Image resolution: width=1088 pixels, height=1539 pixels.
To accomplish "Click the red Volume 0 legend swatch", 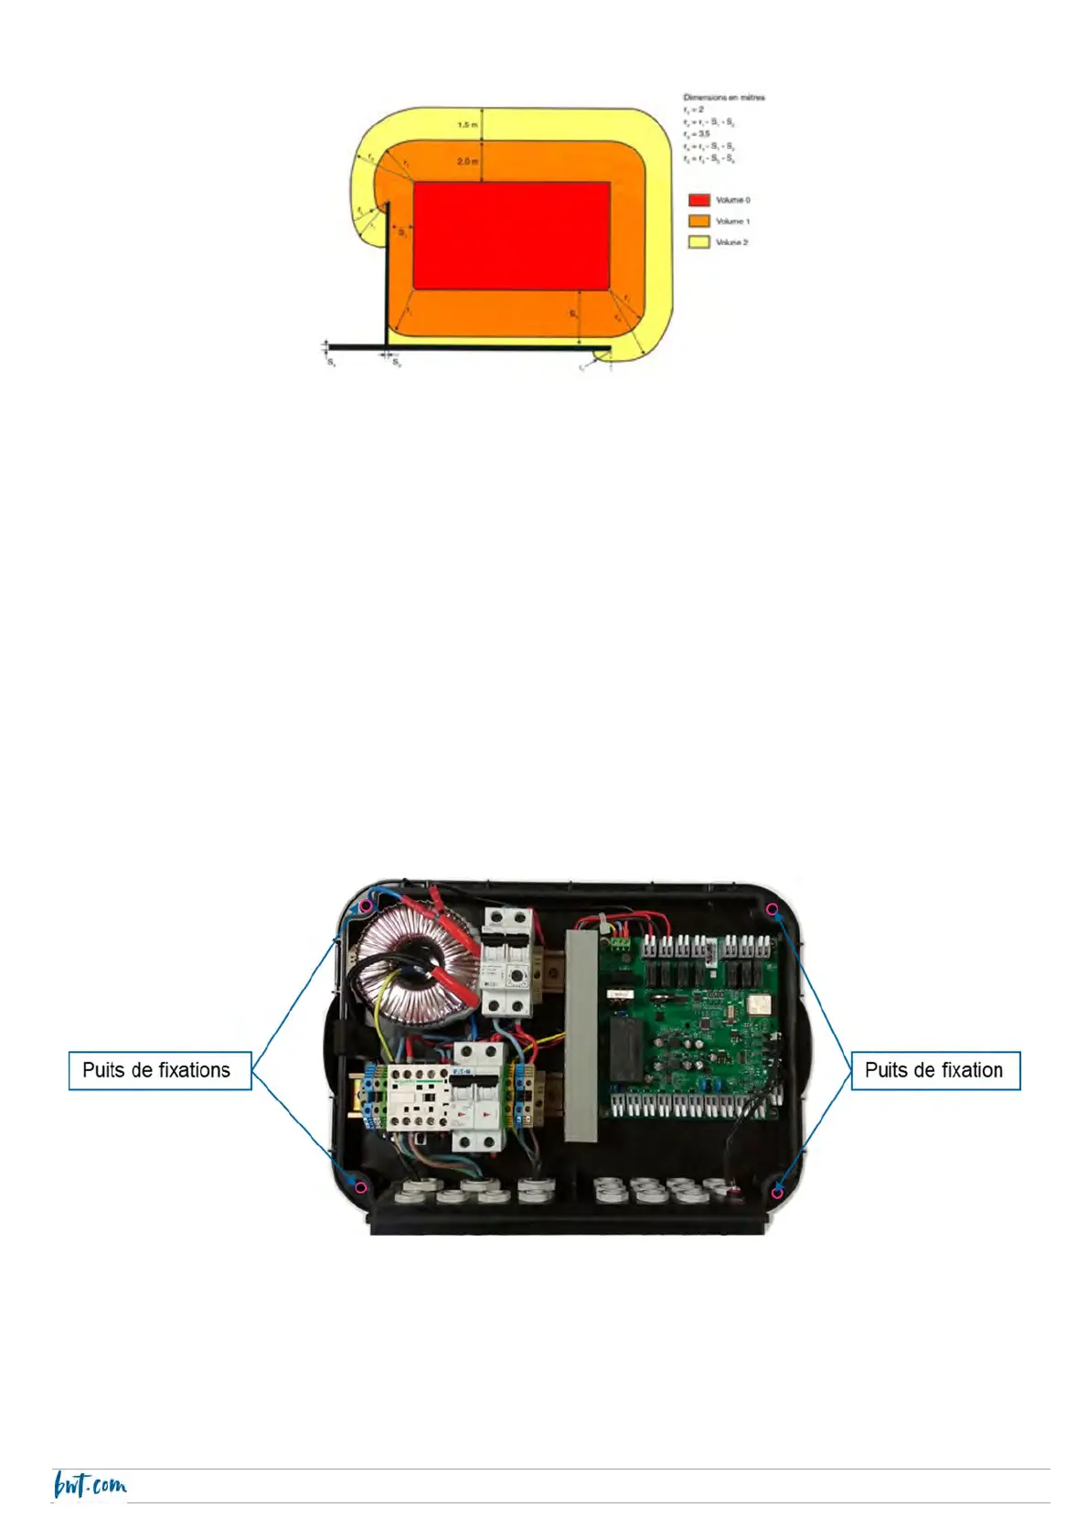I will click(699, 199).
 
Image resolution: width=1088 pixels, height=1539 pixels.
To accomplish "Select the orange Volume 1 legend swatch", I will click(699, 221).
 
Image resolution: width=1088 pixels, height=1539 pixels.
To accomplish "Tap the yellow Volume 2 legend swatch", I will click(699, 242).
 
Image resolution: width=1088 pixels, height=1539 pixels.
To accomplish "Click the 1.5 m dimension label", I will click(467, 124).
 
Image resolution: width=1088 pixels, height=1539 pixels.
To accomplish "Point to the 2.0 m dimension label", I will click(467, 161).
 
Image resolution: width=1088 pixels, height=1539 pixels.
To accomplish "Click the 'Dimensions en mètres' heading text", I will click(724, 97).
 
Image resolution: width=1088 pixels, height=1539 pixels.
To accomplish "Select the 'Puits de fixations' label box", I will click(160, 1070).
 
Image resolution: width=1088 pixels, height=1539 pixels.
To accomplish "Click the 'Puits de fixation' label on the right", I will click(934, 1070).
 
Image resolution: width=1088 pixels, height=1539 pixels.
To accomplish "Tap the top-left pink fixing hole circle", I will click(365, 906).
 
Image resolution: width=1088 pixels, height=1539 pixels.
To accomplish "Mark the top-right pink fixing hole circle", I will click(773, 909).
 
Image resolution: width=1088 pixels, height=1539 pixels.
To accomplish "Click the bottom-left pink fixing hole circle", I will click(361, 1187).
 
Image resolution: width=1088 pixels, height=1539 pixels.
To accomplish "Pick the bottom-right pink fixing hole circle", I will click(777, 1192).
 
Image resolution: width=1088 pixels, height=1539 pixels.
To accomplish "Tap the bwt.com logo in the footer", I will click(90, 1485).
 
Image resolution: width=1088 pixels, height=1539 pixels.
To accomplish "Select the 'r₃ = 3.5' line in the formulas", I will click(698, 133).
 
